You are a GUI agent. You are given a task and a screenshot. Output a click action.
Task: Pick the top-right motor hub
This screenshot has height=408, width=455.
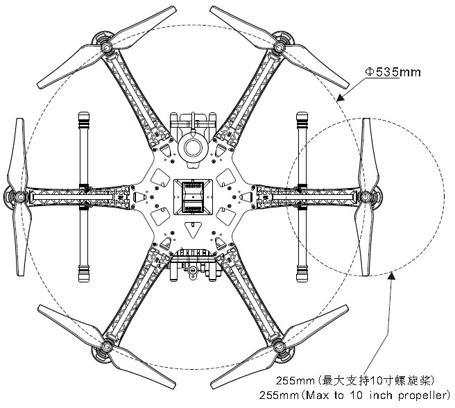click(x=279, y=46)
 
